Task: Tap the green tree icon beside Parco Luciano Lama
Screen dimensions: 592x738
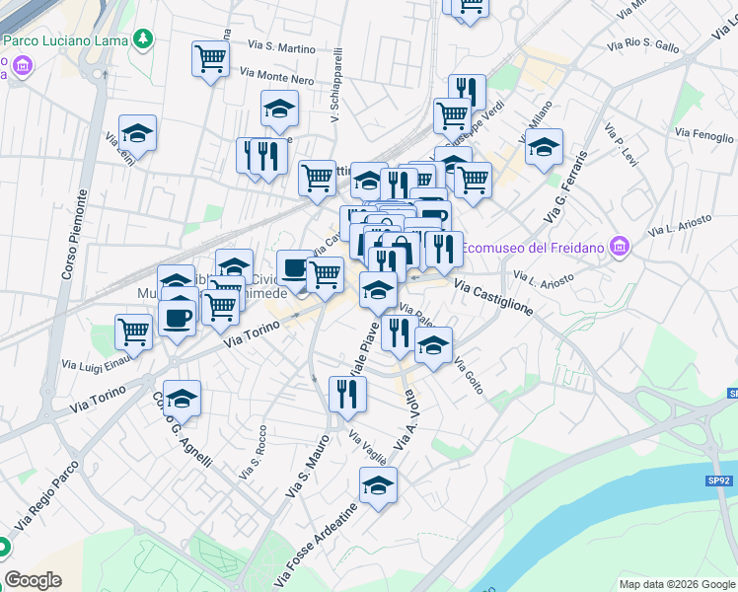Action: tap(145, 38)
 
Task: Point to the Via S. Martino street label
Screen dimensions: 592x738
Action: tap(282, 46)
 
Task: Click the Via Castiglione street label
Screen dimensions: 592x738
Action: tap(493, 296)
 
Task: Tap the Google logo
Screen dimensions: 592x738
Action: tap(33, 579)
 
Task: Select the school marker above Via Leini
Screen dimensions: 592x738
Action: tap(138, 133)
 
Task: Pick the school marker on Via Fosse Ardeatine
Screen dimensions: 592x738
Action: tap(377, 484)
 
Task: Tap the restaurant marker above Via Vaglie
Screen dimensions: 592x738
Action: tap(347, 394)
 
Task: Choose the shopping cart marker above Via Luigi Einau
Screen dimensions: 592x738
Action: tap(133, 332)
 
